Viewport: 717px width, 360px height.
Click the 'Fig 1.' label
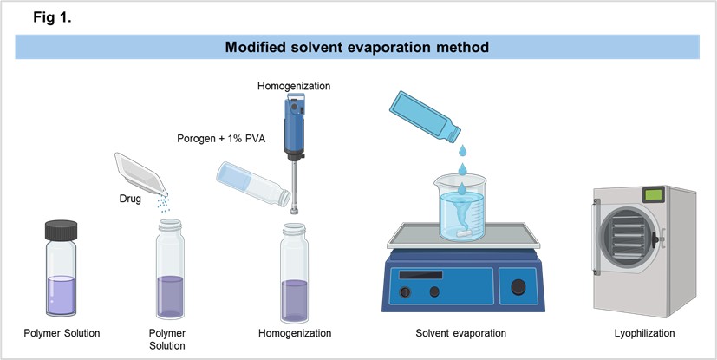pos(52,17)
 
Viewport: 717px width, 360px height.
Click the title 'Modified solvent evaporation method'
pos(357,47)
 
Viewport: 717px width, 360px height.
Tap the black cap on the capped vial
pos(61,230)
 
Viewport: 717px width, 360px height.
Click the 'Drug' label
pos(130,199)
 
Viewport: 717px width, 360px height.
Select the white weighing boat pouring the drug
pos(140,173)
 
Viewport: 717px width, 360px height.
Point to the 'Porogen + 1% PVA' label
pos(221,138)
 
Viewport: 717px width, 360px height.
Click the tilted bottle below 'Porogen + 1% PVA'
pos(253,184)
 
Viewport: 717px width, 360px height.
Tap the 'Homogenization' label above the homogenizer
pos(294,86)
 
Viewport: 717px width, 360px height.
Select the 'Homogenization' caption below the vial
pos(295,333)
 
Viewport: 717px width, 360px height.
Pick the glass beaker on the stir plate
pos(461,208)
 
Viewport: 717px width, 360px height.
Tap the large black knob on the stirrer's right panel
pos(518,287)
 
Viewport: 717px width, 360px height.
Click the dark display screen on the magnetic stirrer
pos(420,275)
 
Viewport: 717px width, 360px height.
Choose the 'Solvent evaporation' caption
pos(460,333)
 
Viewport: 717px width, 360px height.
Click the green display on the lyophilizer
pos(653,194)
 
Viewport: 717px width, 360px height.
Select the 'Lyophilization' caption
pos(644,333)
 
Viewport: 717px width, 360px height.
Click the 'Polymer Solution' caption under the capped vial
pos(62,333)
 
